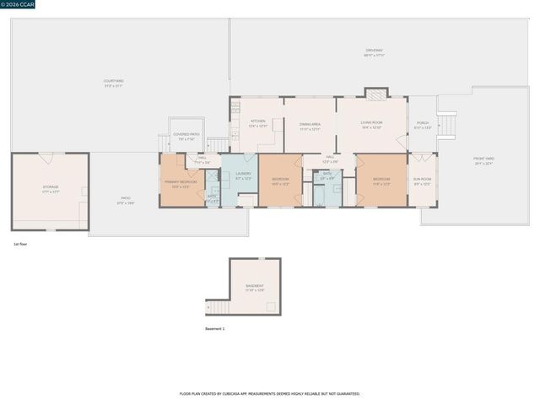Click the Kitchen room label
point(258,122)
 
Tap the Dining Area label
point(310,125)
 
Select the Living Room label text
point(372,124)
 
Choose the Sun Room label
point(422,181)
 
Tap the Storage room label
point(50,189)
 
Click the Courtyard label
point(113,83)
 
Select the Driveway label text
point(374,52)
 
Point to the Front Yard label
point(483,161)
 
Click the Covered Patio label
point(186,136)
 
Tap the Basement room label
point(255,288)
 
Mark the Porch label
point(423,125)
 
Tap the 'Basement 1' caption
point(215,328)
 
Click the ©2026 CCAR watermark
point(18,4)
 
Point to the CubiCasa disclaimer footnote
point(269,393)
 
